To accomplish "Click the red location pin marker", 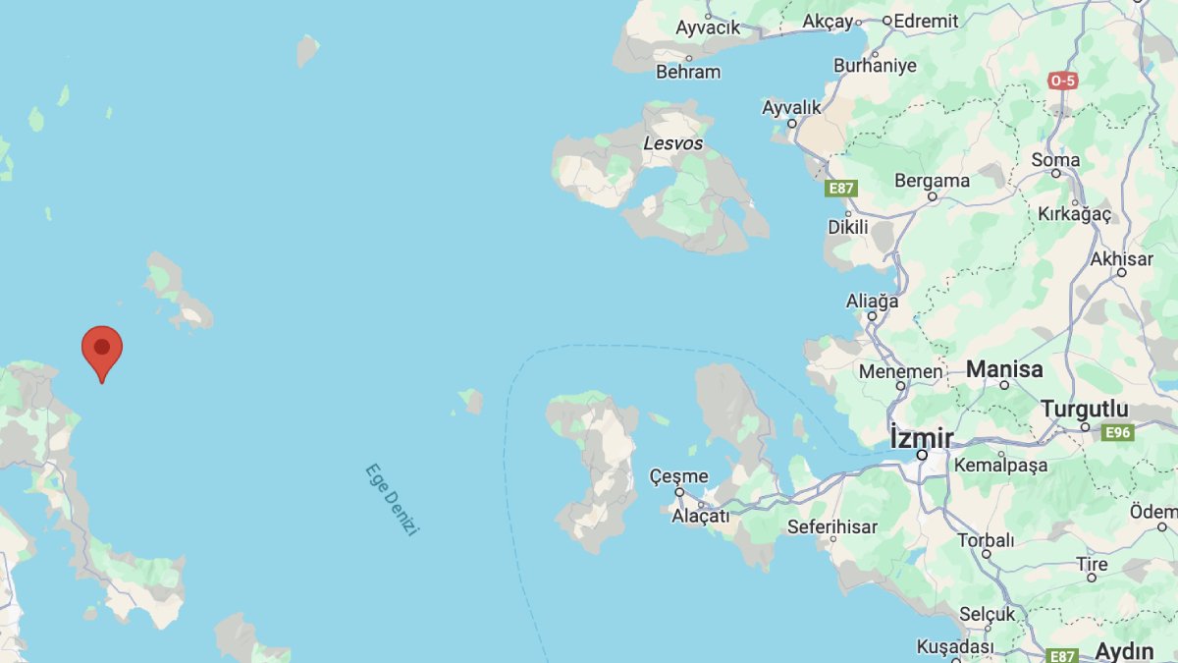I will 102,351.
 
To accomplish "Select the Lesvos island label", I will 672,143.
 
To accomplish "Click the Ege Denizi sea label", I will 392,499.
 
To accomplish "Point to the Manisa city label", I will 1004,369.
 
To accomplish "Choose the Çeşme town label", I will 678,476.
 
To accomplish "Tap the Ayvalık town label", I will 791,106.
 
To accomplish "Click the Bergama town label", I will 932,181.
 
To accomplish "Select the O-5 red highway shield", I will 1062,81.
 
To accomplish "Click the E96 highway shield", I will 1118,432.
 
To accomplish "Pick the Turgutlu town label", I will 1084,409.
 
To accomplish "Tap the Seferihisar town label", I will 832,527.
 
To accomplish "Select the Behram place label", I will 688,72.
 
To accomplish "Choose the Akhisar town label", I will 1121,259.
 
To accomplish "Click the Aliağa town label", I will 872,302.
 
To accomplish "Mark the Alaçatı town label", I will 700,516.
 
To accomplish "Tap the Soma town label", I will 1055,160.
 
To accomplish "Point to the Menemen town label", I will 900,372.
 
